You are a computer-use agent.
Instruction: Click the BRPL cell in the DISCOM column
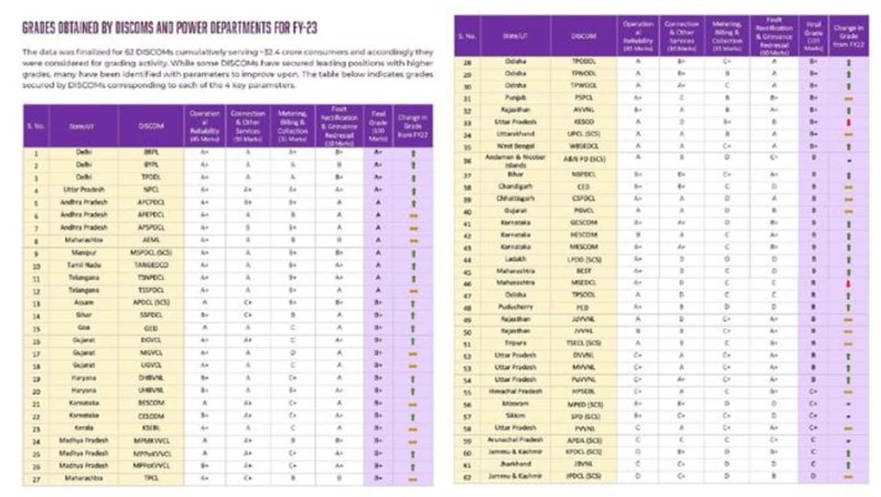coord(151,152)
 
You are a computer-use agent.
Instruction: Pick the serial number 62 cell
coord(467,476)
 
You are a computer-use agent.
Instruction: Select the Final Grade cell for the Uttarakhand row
coord(814,134)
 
